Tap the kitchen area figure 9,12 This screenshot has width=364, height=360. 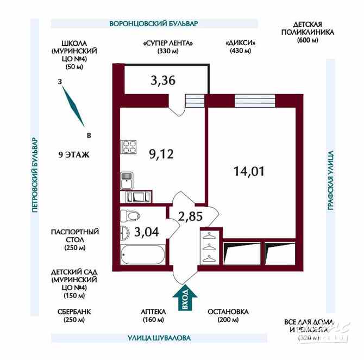[161, 154]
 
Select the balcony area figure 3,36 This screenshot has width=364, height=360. [162, 82]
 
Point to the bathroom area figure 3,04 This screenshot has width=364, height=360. [146, 233]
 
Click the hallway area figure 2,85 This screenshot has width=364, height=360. [190, 216]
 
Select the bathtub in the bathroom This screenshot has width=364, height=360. [142, 253]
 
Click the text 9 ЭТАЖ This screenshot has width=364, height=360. [73, 154]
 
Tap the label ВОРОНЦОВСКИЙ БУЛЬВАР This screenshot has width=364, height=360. [154, 24]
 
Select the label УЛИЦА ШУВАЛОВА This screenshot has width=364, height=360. [155, 338]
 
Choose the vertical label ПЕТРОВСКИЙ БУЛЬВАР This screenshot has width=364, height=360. [34, 174]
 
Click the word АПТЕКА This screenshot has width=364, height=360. [153, 312]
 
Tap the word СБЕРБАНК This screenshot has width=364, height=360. [74, 312]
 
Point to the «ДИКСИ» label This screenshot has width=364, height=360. [240, 42]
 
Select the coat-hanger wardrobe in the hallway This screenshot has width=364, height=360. [209, 247]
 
